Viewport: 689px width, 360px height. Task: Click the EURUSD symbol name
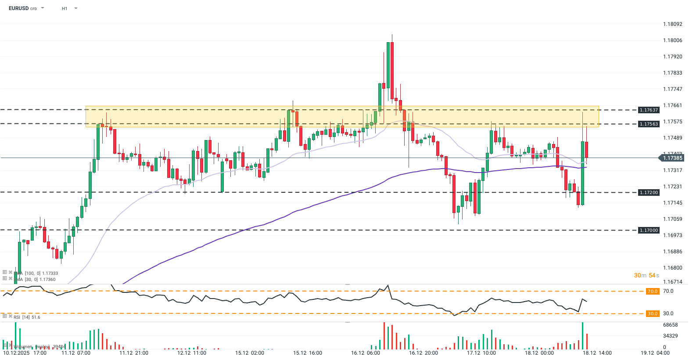[18, 8]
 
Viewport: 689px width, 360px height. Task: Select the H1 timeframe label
[65, 8]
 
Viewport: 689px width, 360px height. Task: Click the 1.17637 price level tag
[649, 110]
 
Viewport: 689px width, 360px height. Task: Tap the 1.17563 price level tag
[649, 124]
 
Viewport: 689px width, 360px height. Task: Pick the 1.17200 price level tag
[649, 192]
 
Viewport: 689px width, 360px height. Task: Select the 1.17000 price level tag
[649, 230]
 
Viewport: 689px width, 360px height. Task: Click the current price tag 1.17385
[672, 158]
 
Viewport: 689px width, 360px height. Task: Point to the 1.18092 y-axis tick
[672, 24]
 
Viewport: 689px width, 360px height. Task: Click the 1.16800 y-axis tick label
[672, 268]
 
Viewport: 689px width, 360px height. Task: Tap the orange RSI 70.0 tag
[653, 291]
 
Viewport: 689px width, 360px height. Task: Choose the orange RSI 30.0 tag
[653, 313]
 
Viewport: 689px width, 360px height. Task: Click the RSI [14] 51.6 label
[27, 317]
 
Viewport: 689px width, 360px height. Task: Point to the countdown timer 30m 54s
[646, 275]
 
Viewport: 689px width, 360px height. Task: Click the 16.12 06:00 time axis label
[366, 353]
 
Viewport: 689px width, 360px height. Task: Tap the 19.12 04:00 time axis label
[655, 353]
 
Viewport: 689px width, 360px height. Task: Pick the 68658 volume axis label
[670, 325]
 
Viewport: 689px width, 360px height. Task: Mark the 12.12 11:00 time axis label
[192, 353]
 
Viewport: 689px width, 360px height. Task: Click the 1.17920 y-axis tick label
[672, 57]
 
